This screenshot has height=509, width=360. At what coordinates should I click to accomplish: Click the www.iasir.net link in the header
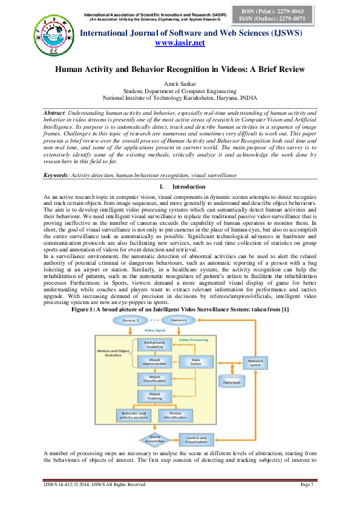coord(180,43)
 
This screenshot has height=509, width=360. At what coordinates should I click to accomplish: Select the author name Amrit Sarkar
coord(180,82)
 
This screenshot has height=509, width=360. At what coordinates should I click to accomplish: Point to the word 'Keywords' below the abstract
coord(55,175)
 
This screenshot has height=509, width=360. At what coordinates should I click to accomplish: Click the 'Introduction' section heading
coord(188,187)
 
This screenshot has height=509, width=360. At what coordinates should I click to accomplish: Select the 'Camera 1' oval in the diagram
coord(130,319)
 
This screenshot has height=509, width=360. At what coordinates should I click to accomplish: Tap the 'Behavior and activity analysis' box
coord(133,415)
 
